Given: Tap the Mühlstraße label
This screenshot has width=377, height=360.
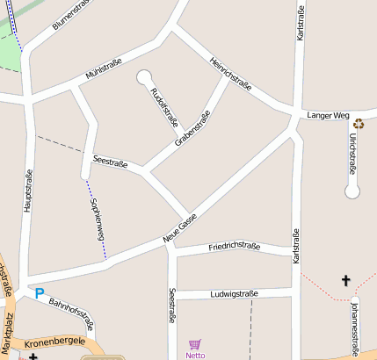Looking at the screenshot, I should tap(103, 70).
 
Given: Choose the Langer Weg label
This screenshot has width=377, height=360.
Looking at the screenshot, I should tap(329, 115).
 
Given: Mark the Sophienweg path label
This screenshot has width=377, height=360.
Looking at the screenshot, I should tap(98, 220).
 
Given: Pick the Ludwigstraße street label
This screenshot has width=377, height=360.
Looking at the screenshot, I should tap(234, 293).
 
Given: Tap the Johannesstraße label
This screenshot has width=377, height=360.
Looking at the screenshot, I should tap(354, 326).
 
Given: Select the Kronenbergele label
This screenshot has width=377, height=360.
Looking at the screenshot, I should tap(54, 341).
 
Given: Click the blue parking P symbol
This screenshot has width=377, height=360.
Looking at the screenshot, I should tap(39, 293).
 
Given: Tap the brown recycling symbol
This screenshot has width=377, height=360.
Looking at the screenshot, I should tap(359, 125).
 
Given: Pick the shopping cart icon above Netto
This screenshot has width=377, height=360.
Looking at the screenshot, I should tap(195, 344).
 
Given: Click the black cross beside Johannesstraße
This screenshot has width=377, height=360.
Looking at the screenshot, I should tap(345, 281).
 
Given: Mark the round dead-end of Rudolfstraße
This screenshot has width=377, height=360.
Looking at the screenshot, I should tap(143, 77).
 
